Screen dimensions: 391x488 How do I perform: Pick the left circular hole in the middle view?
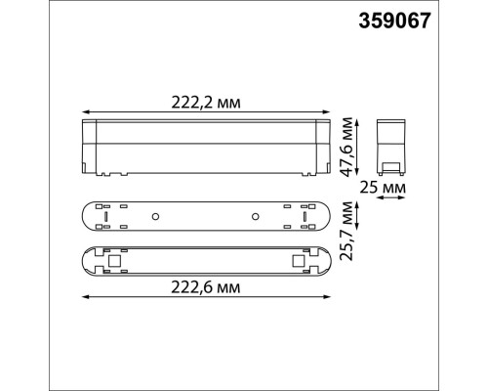155,215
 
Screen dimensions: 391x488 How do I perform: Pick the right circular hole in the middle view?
255,215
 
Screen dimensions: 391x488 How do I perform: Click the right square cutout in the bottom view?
296,262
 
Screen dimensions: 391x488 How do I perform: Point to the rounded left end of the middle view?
84,215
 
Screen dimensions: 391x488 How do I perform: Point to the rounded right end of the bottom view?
328,262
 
